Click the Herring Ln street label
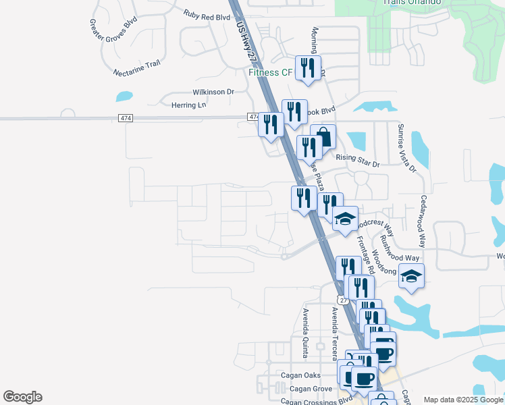pos(188,105)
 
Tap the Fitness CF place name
pos(270,72)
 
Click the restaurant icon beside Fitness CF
pos(308,68)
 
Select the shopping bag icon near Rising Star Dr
pos(323,137)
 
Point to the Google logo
pos(22,397)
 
